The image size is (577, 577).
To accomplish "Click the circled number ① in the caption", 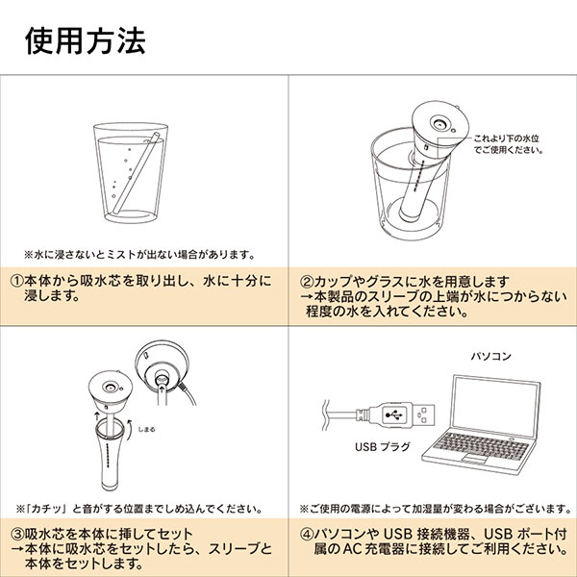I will point(17,282).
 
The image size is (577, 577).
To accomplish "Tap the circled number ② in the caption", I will point(306,282).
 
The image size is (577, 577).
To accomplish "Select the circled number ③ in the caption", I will point(17,534).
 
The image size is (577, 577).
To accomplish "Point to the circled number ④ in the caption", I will point(306,534).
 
